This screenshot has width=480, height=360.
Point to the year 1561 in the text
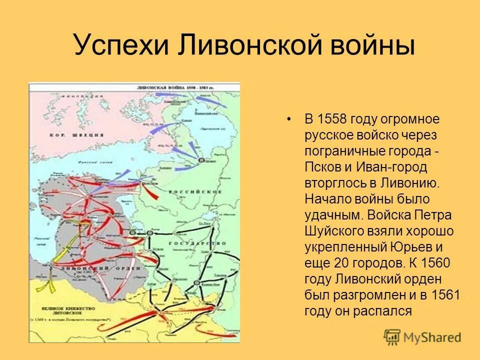(443, 294)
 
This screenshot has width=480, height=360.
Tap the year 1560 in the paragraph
(436, 262)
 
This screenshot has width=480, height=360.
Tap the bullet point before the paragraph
(288, 120)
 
